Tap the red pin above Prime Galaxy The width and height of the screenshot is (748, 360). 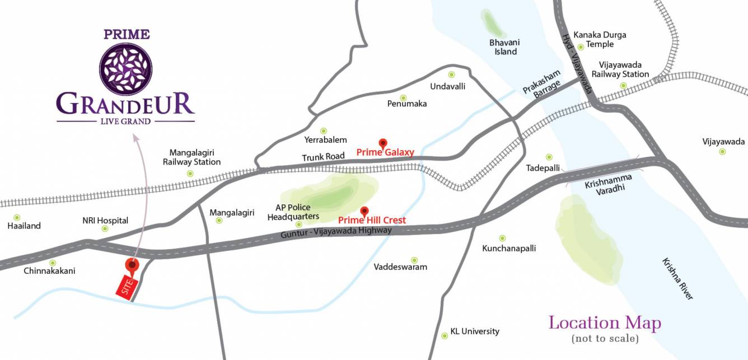(383, 143)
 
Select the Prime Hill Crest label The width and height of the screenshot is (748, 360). (372, 221)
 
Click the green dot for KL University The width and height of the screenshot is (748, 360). (445, 331)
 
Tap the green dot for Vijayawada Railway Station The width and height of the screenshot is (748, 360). (623, 86)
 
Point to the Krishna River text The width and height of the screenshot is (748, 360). (677, 279)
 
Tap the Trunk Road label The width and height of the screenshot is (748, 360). (322, 157)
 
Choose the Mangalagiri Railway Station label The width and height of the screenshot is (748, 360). (191, 157)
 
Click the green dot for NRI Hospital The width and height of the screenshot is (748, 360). (105, 228)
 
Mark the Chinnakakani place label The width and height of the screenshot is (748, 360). (49, 271)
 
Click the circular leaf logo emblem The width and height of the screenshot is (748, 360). (125, 69)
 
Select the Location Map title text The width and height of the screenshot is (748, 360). (605, 323)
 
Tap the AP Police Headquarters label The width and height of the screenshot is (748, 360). (293, 212)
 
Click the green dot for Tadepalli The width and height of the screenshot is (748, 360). (549, 157)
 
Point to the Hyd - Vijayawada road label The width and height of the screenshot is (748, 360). (577, 62)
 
